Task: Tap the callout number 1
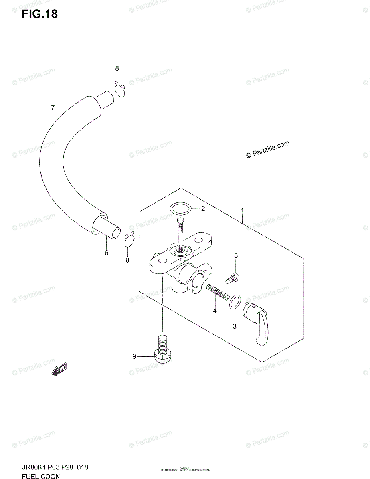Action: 242,210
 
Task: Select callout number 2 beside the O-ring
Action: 203,208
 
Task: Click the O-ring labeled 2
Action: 180,208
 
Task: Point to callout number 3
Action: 235,326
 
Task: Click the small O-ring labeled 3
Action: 235,302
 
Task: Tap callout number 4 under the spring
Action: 214,311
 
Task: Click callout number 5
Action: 236,255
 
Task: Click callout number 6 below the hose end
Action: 106,253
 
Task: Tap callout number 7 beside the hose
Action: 52,107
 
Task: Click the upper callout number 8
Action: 117,68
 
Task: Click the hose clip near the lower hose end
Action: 129,241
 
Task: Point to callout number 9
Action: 135,356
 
